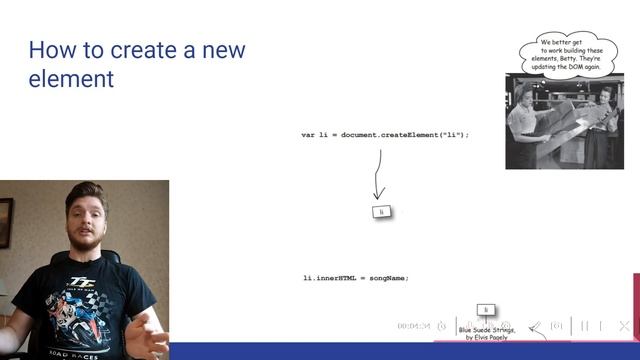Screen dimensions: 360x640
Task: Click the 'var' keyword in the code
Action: point(308,134)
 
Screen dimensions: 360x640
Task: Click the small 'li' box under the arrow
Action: point(381,212)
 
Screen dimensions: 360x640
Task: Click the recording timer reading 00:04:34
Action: point(413,326)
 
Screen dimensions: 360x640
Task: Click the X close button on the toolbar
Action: point(624,326)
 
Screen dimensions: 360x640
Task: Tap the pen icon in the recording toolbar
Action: point(536,326)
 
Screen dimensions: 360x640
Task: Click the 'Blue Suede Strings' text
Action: point(487,329)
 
